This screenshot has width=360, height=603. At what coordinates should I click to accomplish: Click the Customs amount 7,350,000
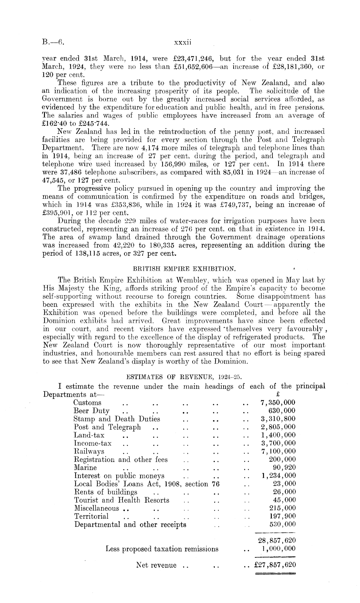(x=278, y=402)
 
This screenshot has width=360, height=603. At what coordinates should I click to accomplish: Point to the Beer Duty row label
(x=91, y=411)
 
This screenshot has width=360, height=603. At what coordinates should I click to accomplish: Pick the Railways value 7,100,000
(x=278, y=451)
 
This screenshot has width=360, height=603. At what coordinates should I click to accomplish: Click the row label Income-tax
(x=93, y=443)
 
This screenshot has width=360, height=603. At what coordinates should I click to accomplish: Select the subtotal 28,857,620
(x=277, y=541)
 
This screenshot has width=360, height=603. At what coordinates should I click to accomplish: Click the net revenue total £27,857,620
(x=275, y=565)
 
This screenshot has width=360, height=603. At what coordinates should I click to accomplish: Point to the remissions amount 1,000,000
(x=278, y=549)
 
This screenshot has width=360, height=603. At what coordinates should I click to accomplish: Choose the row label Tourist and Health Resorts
(x=122, y=500)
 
